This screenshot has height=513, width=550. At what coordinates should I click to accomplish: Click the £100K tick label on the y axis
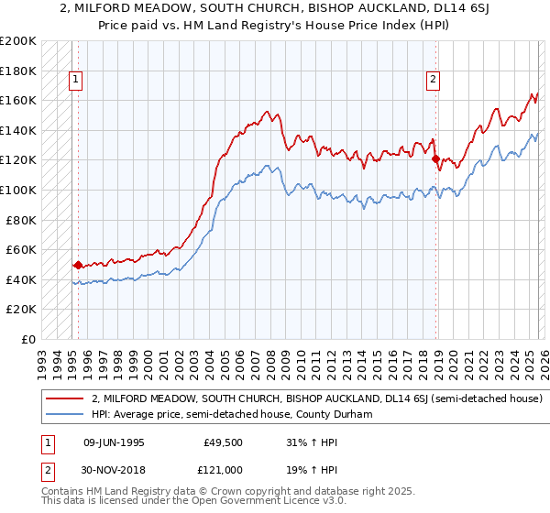(x=18, y=190)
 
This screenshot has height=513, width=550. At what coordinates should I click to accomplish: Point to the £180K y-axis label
(x=18, y=71)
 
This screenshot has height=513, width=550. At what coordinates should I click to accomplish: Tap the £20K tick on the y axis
(x=21, y=310)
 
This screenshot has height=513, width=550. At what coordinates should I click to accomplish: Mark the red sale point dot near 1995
(x=78, y=266)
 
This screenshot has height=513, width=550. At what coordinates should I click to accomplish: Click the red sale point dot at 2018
(x=435, y=158)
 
